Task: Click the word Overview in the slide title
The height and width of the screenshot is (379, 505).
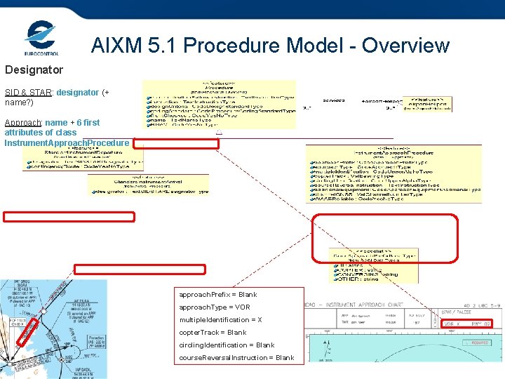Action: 403,46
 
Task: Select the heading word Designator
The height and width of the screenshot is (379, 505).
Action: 34,70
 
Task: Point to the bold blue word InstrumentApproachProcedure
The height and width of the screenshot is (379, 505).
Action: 67,143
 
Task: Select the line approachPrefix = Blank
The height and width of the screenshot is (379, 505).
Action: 218,295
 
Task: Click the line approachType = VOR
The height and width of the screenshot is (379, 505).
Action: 215,307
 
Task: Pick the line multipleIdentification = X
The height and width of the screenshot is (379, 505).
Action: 221,320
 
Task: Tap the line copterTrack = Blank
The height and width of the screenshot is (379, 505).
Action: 213,333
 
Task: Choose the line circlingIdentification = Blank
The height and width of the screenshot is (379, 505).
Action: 227,345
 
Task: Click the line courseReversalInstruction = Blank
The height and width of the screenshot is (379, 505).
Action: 236,358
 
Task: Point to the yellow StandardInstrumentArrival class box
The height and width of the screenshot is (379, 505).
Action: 149,184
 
